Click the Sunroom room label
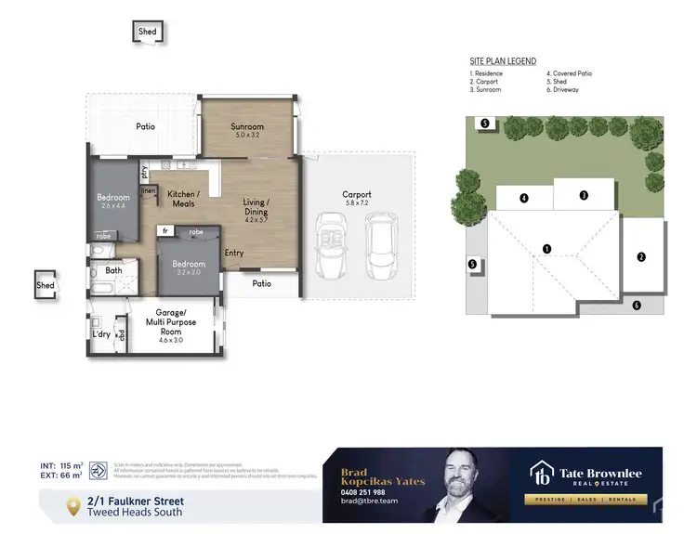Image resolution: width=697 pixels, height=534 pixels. [x=247, y=127]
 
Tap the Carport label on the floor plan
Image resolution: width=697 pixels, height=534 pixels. [x=357, y=195]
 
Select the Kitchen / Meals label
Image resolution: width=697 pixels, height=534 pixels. [x=182, y=199]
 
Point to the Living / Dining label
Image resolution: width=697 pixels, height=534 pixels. [x=256, y=207]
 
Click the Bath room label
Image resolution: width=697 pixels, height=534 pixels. [x=113, y=271]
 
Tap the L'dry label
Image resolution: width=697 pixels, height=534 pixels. [x=100, y=333]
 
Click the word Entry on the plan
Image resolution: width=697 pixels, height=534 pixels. [x=234, y=253]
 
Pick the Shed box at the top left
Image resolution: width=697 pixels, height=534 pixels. [x=148, y=32]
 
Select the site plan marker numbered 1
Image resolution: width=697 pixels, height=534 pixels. [x=547, y=248]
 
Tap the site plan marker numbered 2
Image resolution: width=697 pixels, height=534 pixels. [x=640, y=256]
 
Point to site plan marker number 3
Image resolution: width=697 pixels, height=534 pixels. [x=584, y=195]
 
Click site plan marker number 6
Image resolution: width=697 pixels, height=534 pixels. [x=637, y=305]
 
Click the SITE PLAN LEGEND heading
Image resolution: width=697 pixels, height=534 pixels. [x=503, y=61]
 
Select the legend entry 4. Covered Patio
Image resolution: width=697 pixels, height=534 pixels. [x=570, y=73]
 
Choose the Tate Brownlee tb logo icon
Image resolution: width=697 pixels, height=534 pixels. [x=542, y=475]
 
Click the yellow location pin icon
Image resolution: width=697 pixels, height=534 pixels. [x=73, y=506]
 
